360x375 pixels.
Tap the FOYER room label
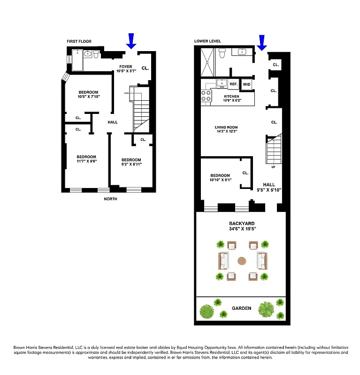(125, 67)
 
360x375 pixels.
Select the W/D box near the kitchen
(246, 84)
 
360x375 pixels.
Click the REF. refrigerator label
(233, 84)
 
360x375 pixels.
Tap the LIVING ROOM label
(226, 127)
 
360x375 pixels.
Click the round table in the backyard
(242, 261)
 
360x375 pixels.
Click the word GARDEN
(241, 308)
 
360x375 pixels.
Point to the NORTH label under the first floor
(111, 199)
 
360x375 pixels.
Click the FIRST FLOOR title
(78, 41)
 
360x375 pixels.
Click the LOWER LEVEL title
(207, 41)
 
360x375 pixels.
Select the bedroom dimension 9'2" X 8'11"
(131, 165)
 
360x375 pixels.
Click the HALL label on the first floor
(112, 122)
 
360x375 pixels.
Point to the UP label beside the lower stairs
(273, 167)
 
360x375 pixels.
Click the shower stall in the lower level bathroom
(208, 64)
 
